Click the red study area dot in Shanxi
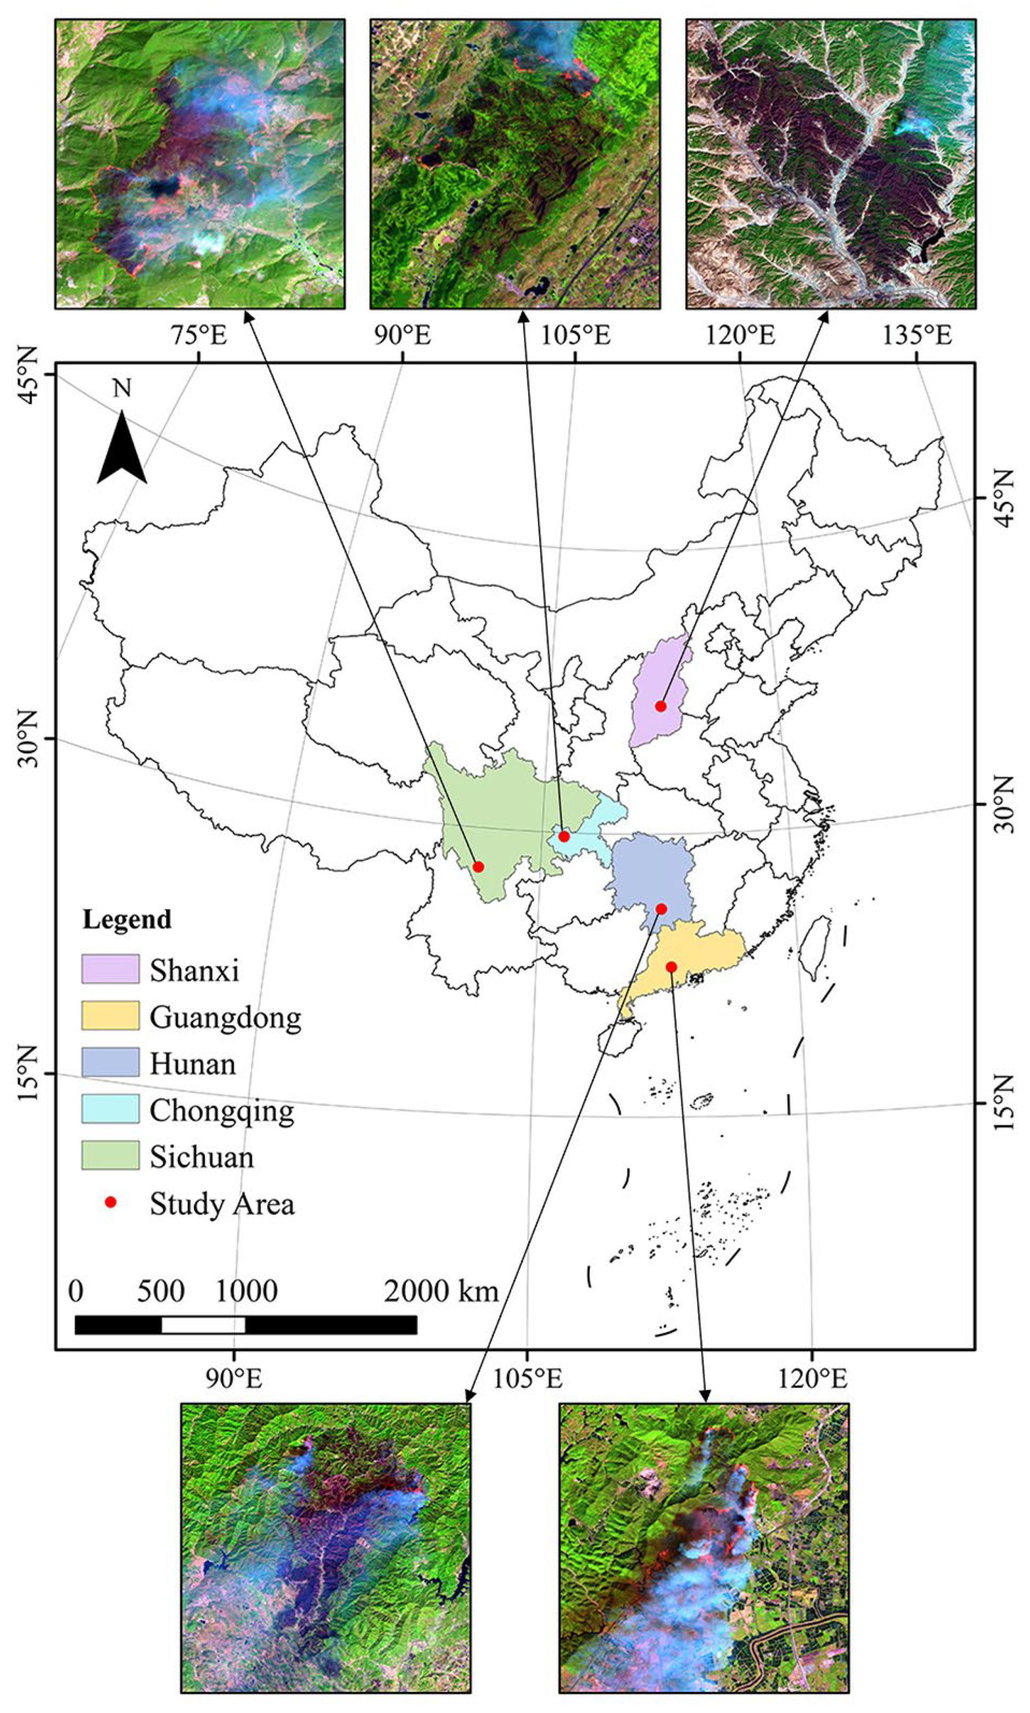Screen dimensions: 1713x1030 tap(661, 706)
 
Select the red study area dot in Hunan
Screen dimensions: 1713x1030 tap(661, 909)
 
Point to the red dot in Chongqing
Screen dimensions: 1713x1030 tap(564, 836)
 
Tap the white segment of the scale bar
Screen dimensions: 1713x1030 tap(203, 1324)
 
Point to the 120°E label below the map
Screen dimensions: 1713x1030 tap(812, 1378)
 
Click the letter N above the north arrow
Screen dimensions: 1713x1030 tap(122, 389)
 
